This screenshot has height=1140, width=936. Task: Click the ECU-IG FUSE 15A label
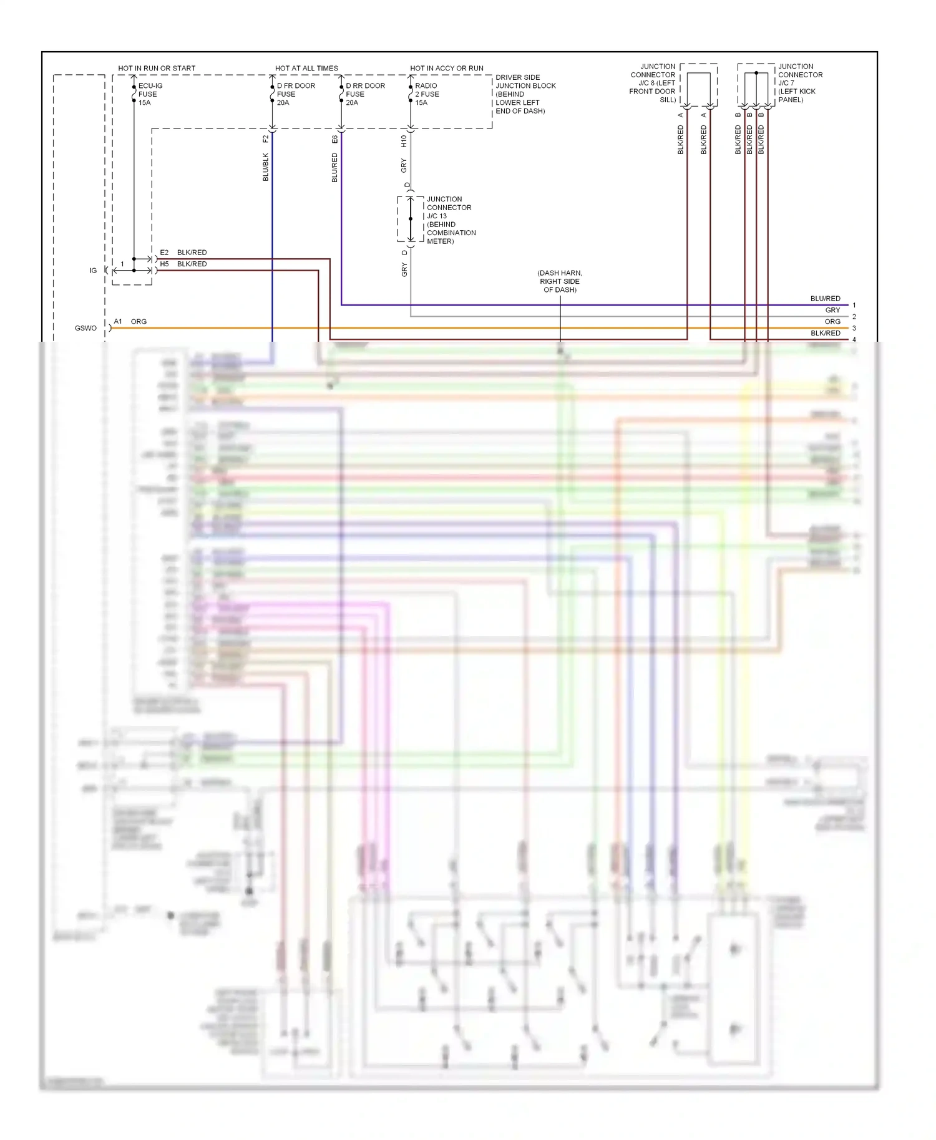(x=150, y=94)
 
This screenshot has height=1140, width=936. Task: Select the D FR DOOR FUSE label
(x=295, y=94)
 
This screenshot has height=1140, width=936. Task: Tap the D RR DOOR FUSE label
(x=364, y=94)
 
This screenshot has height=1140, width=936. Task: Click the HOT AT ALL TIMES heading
(x=306, y=68)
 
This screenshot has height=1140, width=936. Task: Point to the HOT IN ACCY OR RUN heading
(x=446, y=68)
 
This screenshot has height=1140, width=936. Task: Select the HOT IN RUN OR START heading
(x=157, y=68)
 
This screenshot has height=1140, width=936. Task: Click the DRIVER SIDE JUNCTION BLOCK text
(x=525, y=94)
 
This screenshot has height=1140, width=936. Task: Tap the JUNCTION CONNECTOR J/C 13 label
(x=451, y=220)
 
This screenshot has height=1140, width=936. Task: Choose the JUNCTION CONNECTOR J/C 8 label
(x=653, y=83)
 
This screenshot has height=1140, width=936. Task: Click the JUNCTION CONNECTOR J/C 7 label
(x=800, y=83)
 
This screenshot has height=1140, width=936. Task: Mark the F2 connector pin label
(x=266, y=138)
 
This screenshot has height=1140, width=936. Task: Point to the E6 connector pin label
(x=335, y=139)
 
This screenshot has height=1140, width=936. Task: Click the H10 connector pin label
(x=404, y=142)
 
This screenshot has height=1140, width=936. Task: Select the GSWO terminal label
(x=85, y=328)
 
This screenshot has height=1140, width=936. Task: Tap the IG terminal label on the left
(x=93, y=271)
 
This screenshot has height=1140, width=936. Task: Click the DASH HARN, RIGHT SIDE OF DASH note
(x=560, y=281)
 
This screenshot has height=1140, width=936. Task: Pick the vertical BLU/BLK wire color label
(x=266, y=167)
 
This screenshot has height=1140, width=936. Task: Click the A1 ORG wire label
(x=130, y=322)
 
